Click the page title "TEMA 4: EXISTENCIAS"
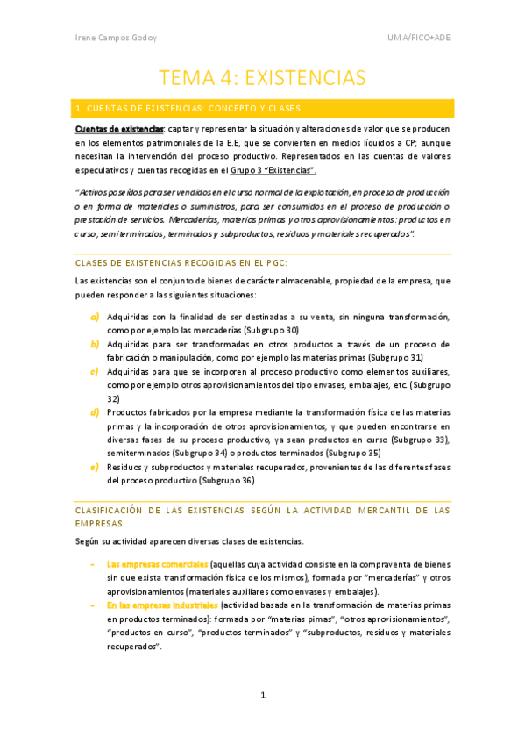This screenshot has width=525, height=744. coord(262,77)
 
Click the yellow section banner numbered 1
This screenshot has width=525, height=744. coord(262,109)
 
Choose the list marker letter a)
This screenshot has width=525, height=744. coord(94,317)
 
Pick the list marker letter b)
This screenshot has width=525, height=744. coord(94,344)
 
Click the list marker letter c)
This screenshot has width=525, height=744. coord(94,371)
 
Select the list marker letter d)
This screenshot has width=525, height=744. coord(94,411)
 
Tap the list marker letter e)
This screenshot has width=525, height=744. coord(94,467)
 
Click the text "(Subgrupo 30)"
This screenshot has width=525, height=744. coord(269,330)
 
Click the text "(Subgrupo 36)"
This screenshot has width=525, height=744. coord(225,480)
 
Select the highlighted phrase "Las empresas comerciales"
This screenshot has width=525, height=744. coord(157,564)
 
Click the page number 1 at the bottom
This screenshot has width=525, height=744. coord(262,696)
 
